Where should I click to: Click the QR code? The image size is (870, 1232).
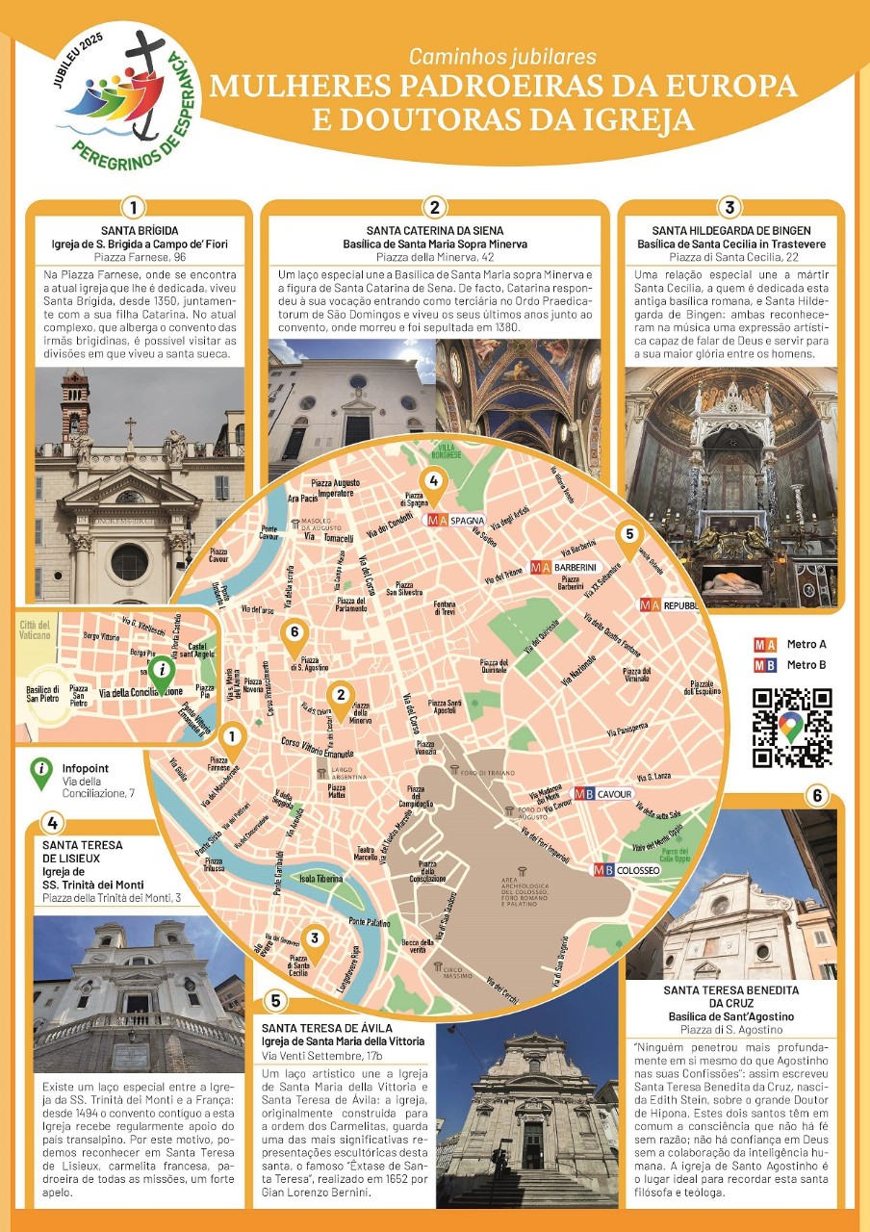point(792,728)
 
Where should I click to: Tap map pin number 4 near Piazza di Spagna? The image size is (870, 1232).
point(433,485)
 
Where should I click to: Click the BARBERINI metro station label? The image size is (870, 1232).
point(564,567)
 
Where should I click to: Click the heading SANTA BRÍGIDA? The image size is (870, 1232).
point(140,231)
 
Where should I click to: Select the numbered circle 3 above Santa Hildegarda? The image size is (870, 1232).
point(729,207)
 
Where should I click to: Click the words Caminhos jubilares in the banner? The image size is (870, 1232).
point(502,58)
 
